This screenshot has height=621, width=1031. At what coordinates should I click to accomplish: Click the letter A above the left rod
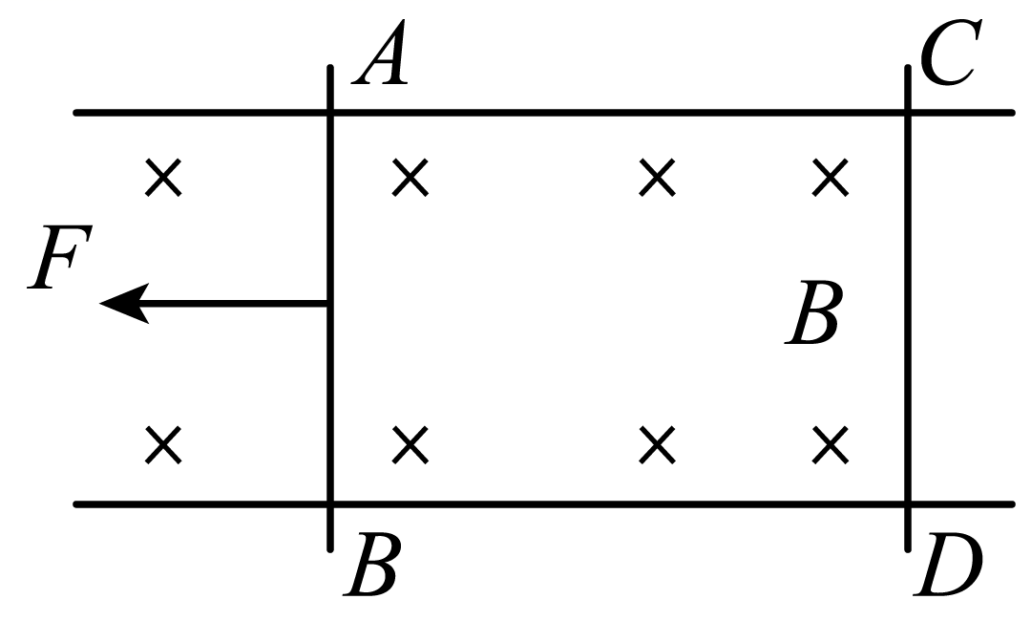point(380,53)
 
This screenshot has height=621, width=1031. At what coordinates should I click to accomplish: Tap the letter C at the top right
point(951,53)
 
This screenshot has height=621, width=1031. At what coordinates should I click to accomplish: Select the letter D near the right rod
point(948,565)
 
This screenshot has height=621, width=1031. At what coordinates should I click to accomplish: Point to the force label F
point(60,257)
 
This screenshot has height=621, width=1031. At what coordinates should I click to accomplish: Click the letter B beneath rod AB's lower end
point(370,565)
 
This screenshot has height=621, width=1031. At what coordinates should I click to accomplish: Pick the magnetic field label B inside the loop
point(812,313)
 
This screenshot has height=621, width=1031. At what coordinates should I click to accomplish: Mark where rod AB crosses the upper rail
point(330,113)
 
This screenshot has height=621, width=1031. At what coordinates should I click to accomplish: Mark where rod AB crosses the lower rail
point(330,504)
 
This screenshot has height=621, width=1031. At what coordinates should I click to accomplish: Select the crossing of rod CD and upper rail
point(908,113)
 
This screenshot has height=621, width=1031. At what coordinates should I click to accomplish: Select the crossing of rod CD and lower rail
point(908,504)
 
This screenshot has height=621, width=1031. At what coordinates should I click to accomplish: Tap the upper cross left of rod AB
point(164,177)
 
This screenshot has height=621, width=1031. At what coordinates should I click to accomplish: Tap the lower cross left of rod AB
point(164,444)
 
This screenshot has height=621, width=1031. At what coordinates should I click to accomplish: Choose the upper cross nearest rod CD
point(830,177)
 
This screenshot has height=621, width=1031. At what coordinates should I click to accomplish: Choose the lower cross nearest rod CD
point(830,444)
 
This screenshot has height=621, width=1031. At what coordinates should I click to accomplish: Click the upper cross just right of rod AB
point(410,177)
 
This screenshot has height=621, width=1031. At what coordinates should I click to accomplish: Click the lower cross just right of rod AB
point(410,444)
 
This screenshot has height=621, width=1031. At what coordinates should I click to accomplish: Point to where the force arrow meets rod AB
point(328,303)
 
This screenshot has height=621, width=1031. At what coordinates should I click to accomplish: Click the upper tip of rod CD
point(908,67)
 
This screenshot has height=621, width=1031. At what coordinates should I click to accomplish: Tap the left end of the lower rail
point(76,504)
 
